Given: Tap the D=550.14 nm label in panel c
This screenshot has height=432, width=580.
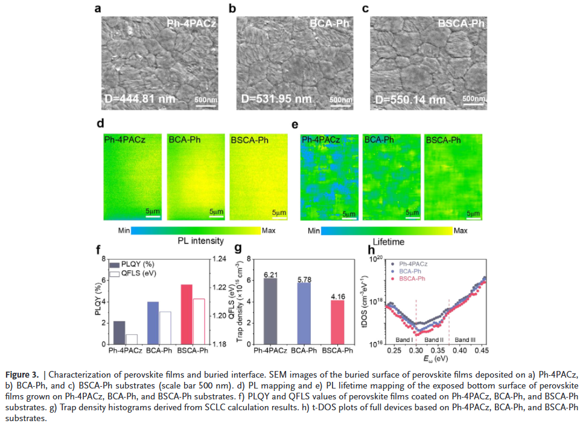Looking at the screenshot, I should pyautogui.click(x=410, y=100).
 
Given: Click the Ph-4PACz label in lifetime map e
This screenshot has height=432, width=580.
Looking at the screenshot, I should pyautogui.click(x=321, y=140).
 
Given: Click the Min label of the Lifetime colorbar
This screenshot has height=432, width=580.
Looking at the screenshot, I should pyautogui.click(x=313, y=231).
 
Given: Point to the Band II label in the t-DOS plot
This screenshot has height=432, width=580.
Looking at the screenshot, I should pyautogui.click(x=433, y=340).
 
